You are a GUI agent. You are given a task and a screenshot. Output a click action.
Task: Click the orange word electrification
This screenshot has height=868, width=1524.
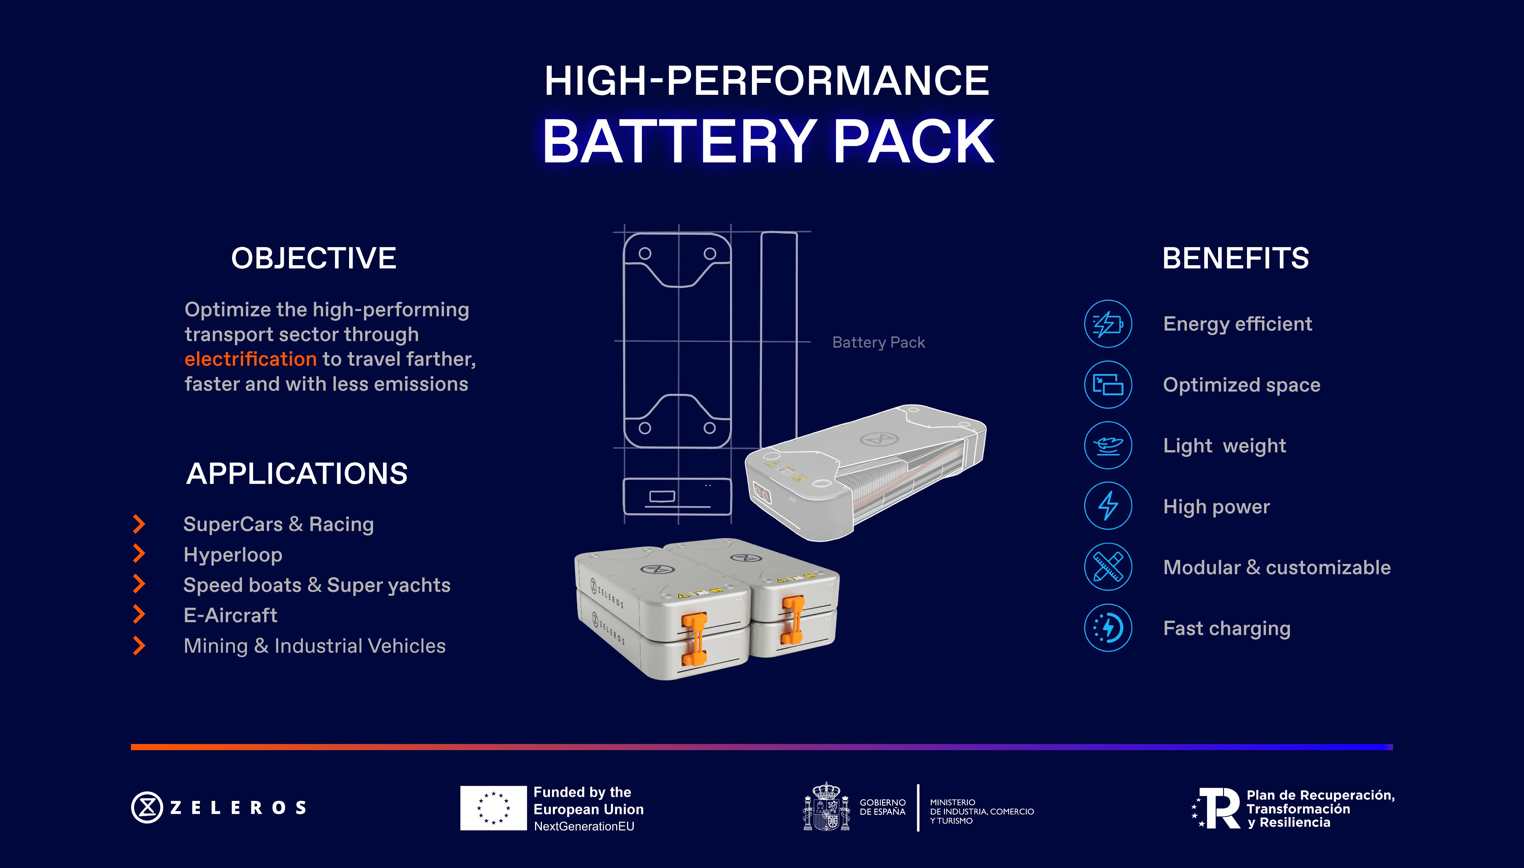point(250,359)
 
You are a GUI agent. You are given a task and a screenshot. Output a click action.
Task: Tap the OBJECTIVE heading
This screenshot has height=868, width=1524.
point(313,258)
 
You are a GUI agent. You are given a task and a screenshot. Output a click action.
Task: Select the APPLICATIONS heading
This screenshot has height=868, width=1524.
point(297,474)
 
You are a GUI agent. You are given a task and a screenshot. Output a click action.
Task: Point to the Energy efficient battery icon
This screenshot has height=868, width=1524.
point(1108,324)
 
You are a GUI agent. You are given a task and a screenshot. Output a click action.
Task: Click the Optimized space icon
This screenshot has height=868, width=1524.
point(1108,385)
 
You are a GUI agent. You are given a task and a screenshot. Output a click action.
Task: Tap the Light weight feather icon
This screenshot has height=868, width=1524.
point(1108,445)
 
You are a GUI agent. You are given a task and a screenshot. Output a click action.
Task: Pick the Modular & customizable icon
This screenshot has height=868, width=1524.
point(1108,567)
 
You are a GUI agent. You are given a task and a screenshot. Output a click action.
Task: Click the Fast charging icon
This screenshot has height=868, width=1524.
point(1108,628)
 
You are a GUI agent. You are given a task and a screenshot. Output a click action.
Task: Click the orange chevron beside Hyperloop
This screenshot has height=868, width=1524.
point(139,554)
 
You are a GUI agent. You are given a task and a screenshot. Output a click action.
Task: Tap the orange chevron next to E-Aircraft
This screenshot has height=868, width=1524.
point(139,615)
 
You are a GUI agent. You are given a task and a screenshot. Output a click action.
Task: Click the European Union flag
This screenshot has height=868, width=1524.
point(493,808)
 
